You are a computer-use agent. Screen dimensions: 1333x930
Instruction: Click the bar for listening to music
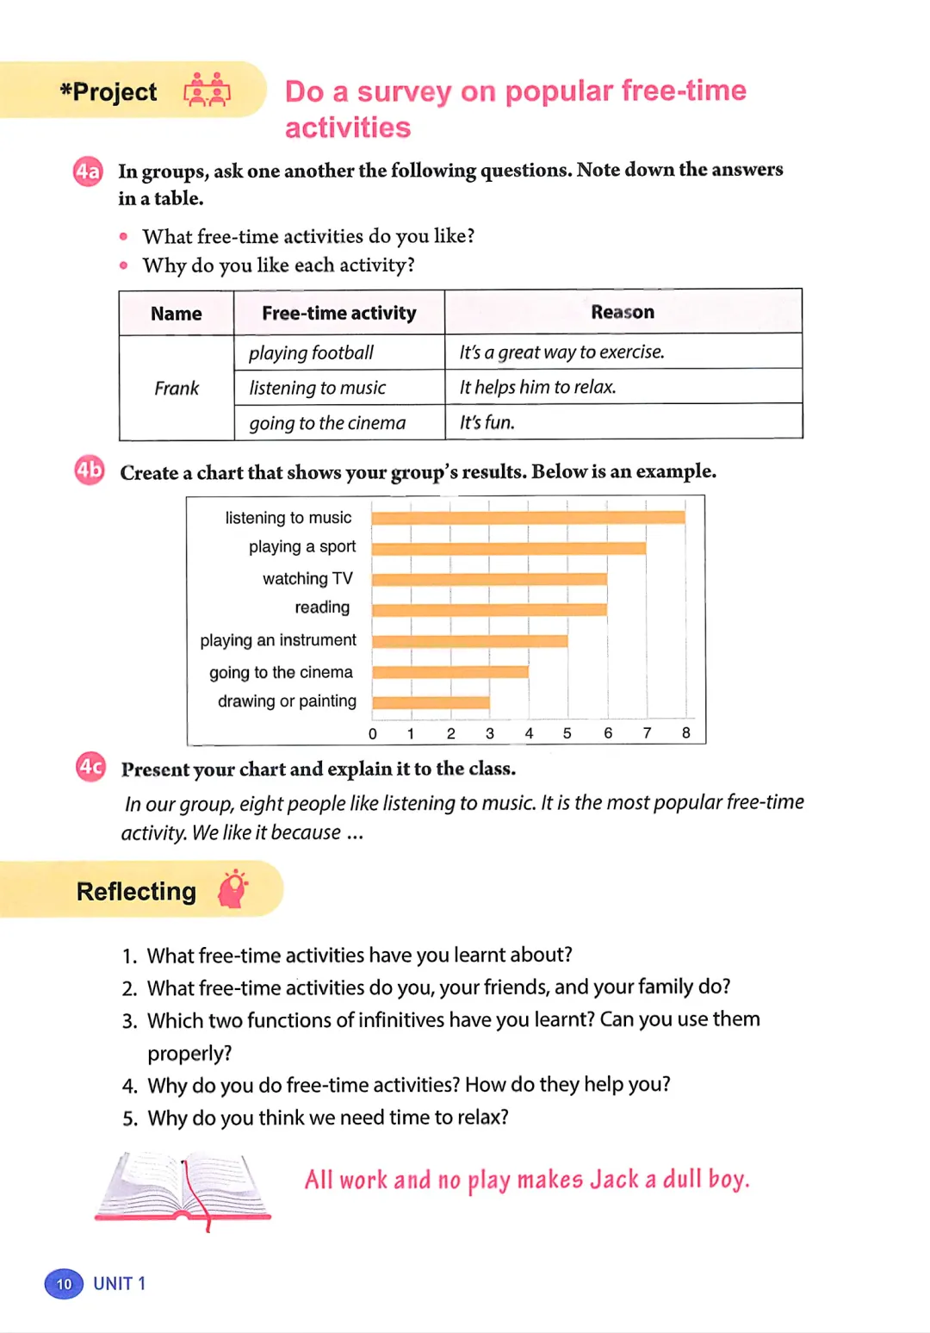pos(528,518)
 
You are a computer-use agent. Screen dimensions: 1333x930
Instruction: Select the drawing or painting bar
pos(431,702)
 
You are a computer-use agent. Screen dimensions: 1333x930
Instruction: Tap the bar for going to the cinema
pos(449,672)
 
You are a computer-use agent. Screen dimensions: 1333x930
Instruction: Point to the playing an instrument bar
pos(469,641)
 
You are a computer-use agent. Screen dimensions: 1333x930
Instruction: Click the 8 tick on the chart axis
pos(685,733)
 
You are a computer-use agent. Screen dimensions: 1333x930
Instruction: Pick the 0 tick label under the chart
pos(373,734)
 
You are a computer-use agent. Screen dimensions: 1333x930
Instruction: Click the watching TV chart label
pos(307,578)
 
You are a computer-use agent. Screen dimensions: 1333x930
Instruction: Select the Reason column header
pos(623,312)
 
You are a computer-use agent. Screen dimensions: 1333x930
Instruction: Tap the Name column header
pos(176,314)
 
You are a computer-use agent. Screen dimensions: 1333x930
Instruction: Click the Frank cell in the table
pos(177,388)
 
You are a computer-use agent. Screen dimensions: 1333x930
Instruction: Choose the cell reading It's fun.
pos(487,422)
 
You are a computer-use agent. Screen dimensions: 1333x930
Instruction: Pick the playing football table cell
pos(311,352)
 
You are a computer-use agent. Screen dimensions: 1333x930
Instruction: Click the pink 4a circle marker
pos(88,171)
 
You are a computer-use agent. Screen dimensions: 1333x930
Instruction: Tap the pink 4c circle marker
pos(90,767)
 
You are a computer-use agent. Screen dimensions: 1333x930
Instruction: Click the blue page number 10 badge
pos(64,1284)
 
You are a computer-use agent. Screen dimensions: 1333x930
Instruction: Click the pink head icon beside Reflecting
pos(232,890)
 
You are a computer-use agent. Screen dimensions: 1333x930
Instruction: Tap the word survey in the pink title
pos(404,91)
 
